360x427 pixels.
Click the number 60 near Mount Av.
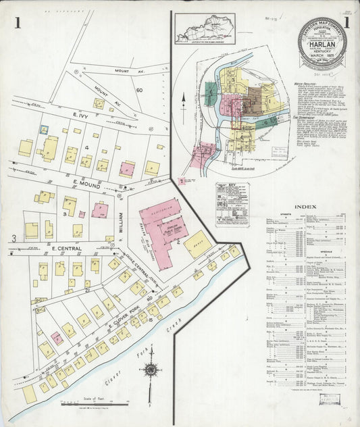(139, 90)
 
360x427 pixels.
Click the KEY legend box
(232, 203)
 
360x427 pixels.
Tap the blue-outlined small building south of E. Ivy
(43, 130)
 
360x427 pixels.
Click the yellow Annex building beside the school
(197, 244)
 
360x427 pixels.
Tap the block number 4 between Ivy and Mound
(86, 148)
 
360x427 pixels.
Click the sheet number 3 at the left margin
(13, 238)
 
